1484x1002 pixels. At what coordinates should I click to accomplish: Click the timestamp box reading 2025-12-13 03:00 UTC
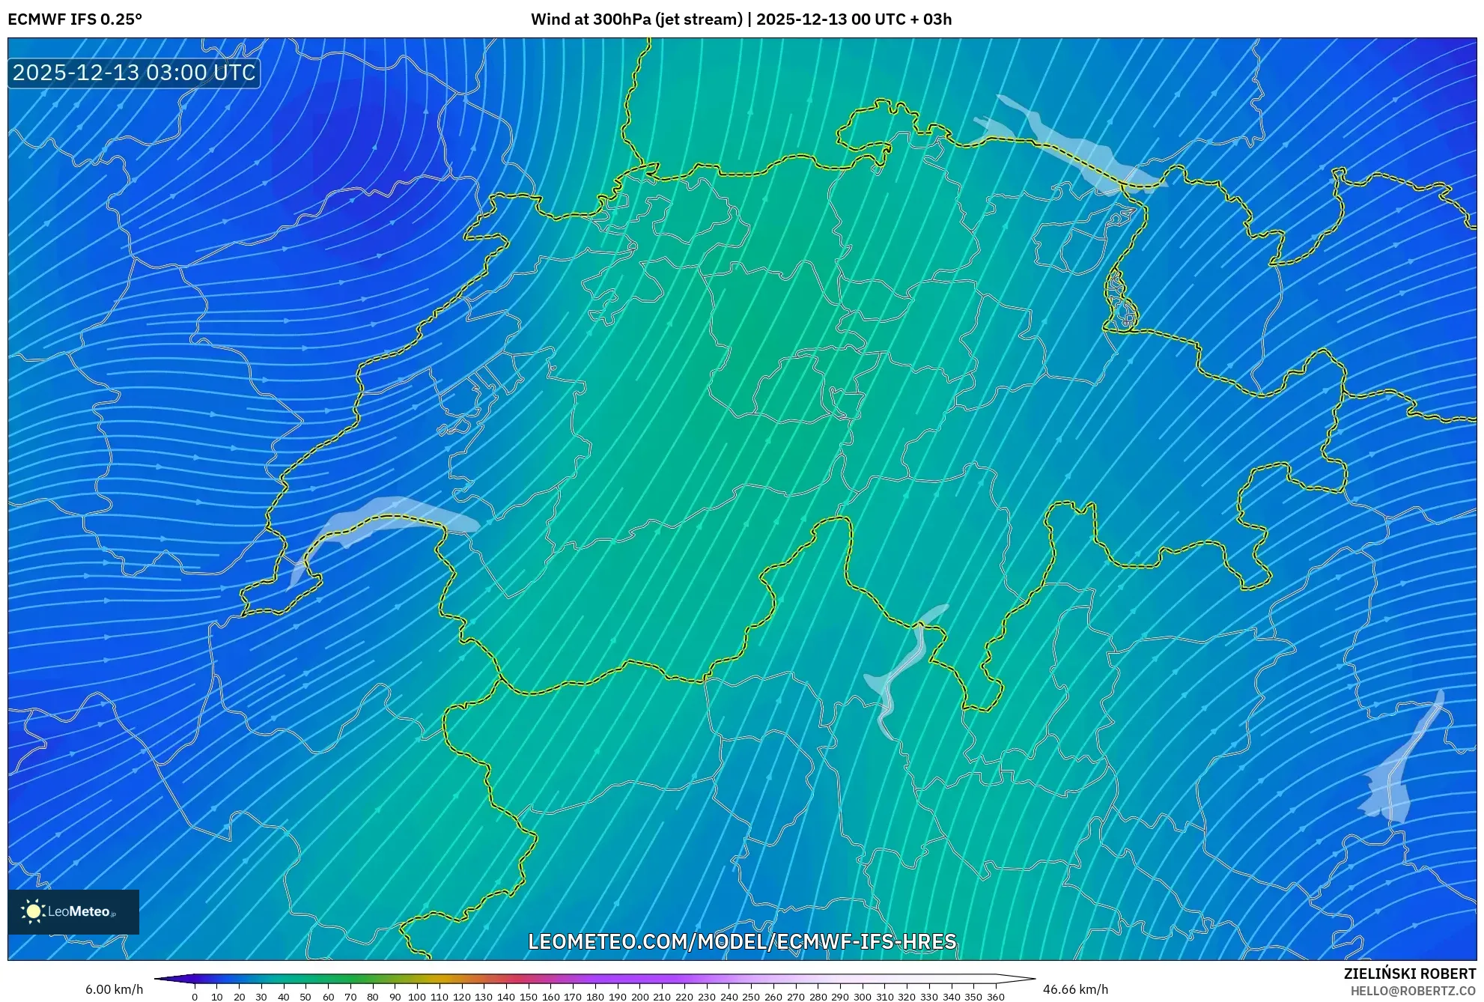[134, 73]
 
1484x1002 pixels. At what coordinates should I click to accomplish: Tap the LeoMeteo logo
[73, 911]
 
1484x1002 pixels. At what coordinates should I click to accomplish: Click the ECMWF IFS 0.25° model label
[75, 19]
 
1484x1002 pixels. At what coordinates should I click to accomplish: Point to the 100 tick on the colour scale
[417, 996]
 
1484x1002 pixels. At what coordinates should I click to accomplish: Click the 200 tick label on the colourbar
[639, 996]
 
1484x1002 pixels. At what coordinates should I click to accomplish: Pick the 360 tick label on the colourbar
[995, 996]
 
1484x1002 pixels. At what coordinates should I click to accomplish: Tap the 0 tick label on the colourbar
[195, 996]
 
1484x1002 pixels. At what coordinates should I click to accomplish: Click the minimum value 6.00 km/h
[114, 989]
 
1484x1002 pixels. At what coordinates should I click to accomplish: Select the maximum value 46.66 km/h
[1075, 989]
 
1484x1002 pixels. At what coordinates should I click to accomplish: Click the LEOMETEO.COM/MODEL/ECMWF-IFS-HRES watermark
[742, 941]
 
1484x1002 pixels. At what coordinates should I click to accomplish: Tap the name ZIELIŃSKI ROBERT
[1409, 974]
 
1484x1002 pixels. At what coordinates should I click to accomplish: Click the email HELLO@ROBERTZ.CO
[1412, 991]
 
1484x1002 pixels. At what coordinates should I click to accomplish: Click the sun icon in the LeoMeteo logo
[33, 911]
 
